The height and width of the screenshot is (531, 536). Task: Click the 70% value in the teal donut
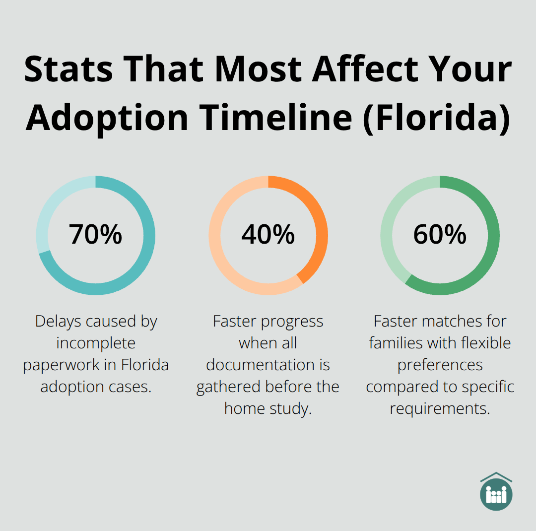click(95, 235)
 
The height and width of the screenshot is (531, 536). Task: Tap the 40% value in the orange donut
click(268, 235)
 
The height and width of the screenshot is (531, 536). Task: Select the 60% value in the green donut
click(440, 235)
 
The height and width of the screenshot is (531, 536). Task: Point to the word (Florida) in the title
click(436, 119)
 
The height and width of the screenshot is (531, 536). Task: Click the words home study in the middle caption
click(268, 408)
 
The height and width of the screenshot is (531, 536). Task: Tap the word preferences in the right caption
click(440, 365)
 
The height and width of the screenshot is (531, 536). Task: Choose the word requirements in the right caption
click(440, 408)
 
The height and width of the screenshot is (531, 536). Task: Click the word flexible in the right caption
click(479, 343)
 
